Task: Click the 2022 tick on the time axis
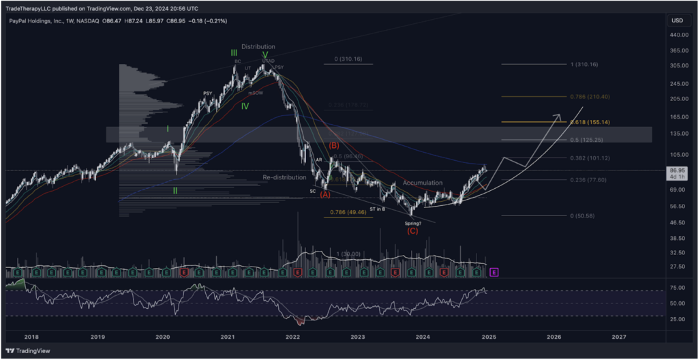click(x=292, y=336)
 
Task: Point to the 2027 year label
click(x=619, y=336)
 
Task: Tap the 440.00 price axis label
click(x=676, y=35)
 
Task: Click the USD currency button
click(x=677, y=20)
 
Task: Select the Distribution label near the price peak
click(x=258, y=46)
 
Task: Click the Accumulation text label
click(x=423, y=183)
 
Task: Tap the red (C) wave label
click(x=412, y=231)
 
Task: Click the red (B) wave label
click(x=334, y=146)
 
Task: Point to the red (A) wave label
click(x=325, y=194)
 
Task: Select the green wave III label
click(x=234, y=52)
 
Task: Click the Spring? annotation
click(x=412, y=223)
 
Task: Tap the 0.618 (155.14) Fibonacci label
click(x=591, y=121)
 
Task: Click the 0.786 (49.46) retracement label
click(x=346, y=213)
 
